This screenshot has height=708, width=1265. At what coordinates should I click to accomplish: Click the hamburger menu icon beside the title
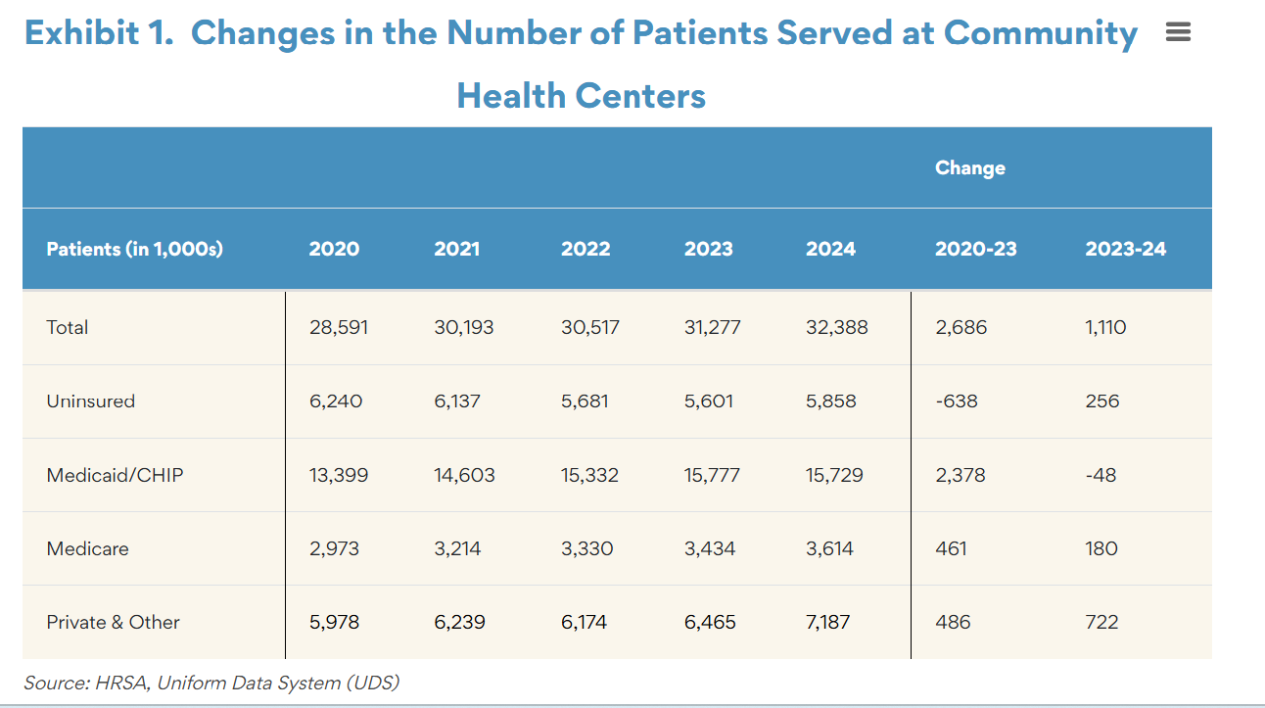click(1179, 32)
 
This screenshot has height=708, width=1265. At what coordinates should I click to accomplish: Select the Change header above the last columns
click(969, 167)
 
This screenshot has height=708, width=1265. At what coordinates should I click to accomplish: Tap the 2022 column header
click(586, 249)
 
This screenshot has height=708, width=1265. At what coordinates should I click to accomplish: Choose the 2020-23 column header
click(975, 249)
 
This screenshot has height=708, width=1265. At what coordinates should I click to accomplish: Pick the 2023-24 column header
click(1125, 249)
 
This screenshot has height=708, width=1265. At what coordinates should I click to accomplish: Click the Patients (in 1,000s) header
click(134, 249)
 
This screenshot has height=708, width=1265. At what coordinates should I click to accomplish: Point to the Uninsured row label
click(90, 401)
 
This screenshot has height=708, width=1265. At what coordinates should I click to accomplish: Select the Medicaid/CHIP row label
click(115, 475)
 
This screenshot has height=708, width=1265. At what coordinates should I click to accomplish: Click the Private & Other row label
click(113, 622)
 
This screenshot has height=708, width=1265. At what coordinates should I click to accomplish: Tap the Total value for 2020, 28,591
click(338, 327)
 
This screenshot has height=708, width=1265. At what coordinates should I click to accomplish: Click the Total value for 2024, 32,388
click(836, 327)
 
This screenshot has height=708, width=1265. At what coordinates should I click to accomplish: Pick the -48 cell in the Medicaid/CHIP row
click(1101, 475)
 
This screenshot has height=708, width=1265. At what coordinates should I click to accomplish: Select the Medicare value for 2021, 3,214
click(457, 548)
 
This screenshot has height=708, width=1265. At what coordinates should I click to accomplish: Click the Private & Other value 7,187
click(828, 622)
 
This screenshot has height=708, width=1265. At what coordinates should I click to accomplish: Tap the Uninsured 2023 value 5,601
click(708, 401)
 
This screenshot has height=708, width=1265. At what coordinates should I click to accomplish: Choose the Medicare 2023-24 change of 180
click(1101, 548)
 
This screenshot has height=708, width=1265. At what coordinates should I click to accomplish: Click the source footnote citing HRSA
click(211, 683)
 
